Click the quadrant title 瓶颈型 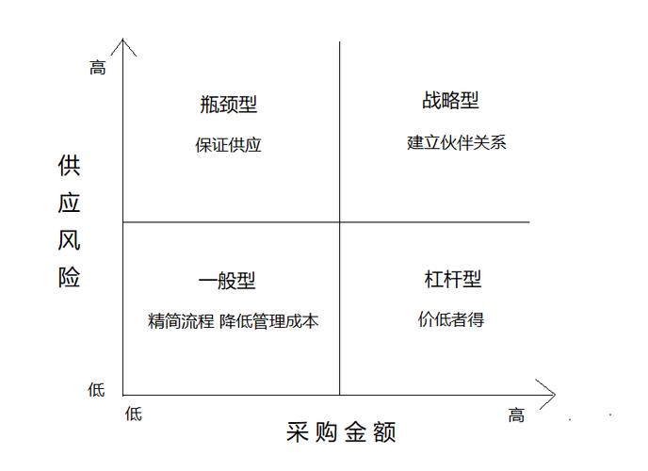(229, 105)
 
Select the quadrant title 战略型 (450, 101)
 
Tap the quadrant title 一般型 (227, 281)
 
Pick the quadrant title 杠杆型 (452, 279)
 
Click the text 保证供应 (228, 145)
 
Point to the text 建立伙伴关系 (457, 142)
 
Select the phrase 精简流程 (181, 321)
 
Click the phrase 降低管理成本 (269, 321)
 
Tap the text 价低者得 (451, 319)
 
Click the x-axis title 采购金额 (341, 432)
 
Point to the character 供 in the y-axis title (69, 166)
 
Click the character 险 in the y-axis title (69, 277)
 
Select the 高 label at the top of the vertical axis (98, 68)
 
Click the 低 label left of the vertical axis (96, 390)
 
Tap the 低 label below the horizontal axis (134, 414)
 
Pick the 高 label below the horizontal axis (516, 414)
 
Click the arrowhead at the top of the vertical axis (122, 40)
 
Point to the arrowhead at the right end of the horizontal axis (555, 394)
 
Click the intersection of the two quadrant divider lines (340, 222)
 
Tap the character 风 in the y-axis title (69, 240)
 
